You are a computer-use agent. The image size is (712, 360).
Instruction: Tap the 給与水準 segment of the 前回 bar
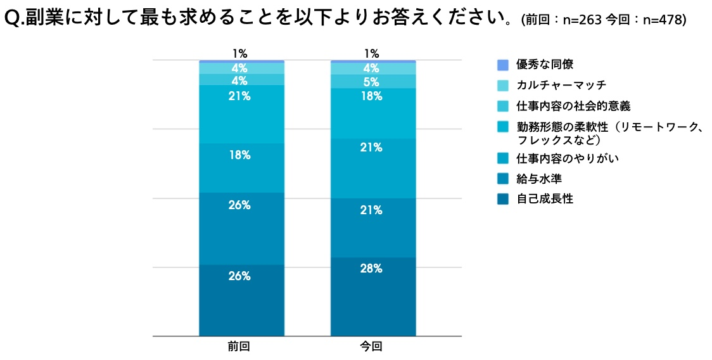[241, 228]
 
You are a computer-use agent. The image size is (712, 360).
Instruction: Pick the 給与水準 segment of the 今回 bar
[372, 228]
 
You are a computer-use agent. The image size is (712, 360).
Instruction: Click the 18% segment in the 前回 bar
[241, 168]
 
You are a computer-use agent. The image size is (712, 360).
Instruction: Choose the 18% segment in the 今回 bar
[372, 113]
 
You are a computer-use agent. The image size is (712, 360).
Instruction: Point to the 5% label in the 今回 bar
[372, 82]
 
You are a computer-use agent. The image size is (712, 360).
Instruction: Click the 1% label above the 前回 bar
[239, 54]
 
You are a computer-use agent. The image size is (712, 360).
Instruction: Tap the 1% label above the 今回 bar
[371, 54]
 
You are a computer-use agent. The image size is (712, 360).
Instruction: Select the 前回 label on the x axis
[239, 347]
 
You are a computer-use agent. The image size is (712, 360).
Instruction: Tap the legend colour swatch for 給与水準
[503, 179]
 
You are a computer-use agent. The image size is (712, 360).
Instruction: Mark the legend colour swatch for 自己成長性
[503, 199]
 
